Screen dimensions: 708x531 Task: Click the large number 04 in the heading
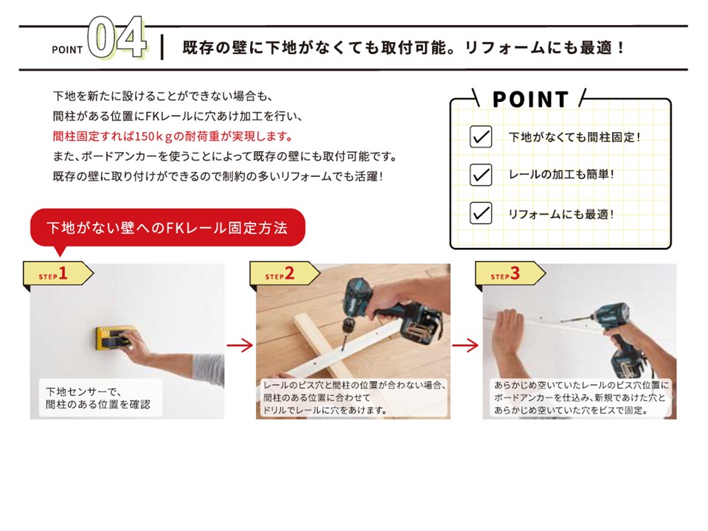[x=117, y=38]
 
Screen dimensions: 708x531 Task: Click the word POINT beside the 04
[x=67, y=49]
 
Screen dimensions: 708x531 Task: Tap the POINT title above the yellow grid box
[x=530, y=100]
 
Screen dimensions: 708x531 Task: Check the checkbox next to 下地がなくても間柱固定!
[x=480, y=136]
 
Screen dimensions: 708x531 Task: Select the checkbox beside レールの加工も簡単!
[x=480, y=174]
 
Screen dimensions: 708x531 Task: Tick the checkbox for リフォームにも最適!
[x=480, y=212]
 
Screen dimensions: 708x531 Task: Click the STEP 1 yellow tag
[x=58, y=274]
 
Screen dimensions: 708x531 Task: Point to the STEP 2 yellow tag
[x=285, y=274]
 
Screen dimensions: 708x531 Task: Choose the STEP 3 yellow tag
[x=510, y=274]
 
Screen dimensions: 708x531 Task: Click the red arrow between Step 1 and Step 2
[x=240, y=345]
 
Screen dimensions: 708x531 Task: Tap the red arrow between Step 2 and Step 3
[x=465, y=345]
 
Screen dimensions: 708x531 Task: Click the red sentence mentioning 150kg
[x=173, y=136]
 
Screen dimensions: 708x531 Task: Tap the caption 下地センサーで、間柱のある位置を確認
[x=98, y=398]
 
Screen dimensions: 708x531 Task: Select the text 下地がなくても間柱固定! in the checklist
[x=575, y=137]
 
